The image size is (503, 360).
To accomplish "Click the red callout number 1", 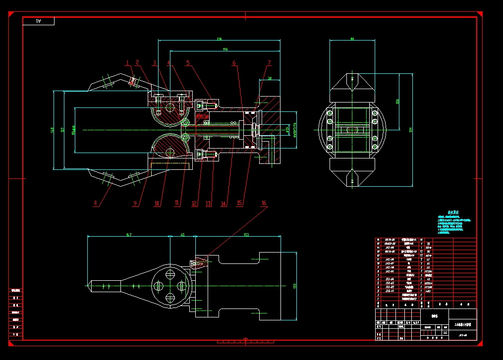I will coord(127,63).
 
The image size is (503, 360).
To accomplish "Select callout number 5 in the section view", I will coord(188,63).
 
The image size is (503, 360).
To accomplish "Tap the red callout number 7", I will coord(270,63).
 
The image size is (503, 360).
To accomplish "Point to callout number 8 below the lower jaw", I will coord(96,203).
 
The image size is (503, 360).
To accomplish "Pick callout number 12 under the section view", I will coord(194,203).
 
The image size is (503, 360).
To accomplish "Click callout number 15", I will coord(239,203).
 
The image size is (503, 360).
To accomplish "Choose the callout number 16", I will coord(264,203).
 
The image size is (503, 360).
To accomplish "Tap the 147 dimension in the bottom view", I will coord(129,234).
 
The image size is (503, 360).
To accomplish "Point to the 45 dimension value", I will coord(182,234).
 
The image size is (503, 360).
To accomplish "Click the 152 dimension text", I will coord(246,234).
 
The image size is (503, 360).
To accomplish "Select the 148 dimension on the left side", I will coord(53,130).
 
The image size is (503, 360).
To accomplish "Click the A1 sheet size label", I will coord(38,21).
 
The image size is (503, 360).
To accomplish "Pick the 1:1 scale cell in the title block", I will coord(445,332).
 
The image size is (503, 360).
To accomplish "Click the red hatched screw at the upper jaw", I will coord(132,81).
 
